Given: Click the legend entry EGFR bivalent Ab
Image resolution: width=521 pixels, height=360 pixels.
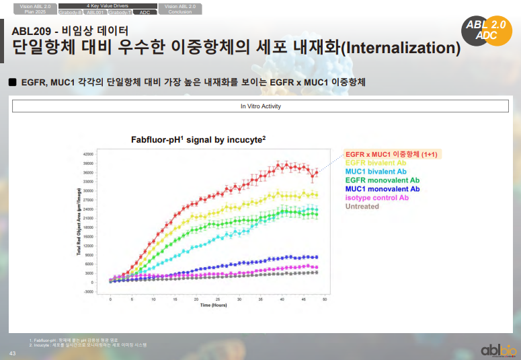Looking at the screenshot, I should (x=375, y=163).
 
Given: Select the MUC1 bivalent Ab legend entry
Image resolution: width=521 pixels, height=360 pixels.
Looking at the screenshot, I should (x=374, y=172).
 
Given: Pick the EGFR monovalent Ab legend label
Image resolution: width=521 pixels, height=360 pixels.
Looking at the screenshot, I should (x=382, y=180).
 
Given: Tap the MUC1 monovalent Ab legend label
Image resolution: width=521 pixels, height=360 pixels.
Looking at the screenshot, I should (x=382, y=189).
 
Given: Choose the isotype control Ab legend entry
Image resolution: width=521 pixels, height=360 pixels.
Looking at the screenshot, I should (x=376, y=198).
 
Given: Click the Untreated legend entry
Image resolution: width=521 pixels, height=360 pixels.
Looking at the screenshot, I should (x=362, y=207).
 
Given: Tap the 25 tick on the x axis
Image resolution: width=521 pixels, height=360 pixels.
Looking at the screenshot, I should (x=218, y=298).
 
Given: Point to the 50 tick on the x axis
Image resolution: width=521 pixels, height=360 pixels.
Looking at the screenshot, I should (x=326, y=298).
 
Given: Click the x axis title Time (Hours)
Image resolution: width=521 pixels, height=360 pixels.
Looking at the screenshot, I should (x=214, y=305).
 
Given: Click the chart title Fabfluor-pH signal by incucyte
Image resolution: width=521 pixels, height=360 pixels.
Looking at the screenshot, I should (x=198, y=139).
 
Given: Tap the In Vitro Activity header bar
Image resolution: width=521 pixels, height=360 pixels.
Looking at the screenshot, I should (x=261, y=106).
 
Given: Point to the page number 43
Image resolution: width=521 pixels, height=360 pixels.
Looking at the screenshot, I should (x=11, y=354).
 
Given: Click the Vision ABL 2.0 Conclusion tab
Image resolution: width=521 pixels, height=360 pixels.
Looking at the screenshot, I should (x=180, y=9).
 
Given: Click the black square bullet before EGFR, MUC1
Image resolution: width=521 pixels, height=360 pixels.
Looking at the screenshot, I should (x=12, y=82).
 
